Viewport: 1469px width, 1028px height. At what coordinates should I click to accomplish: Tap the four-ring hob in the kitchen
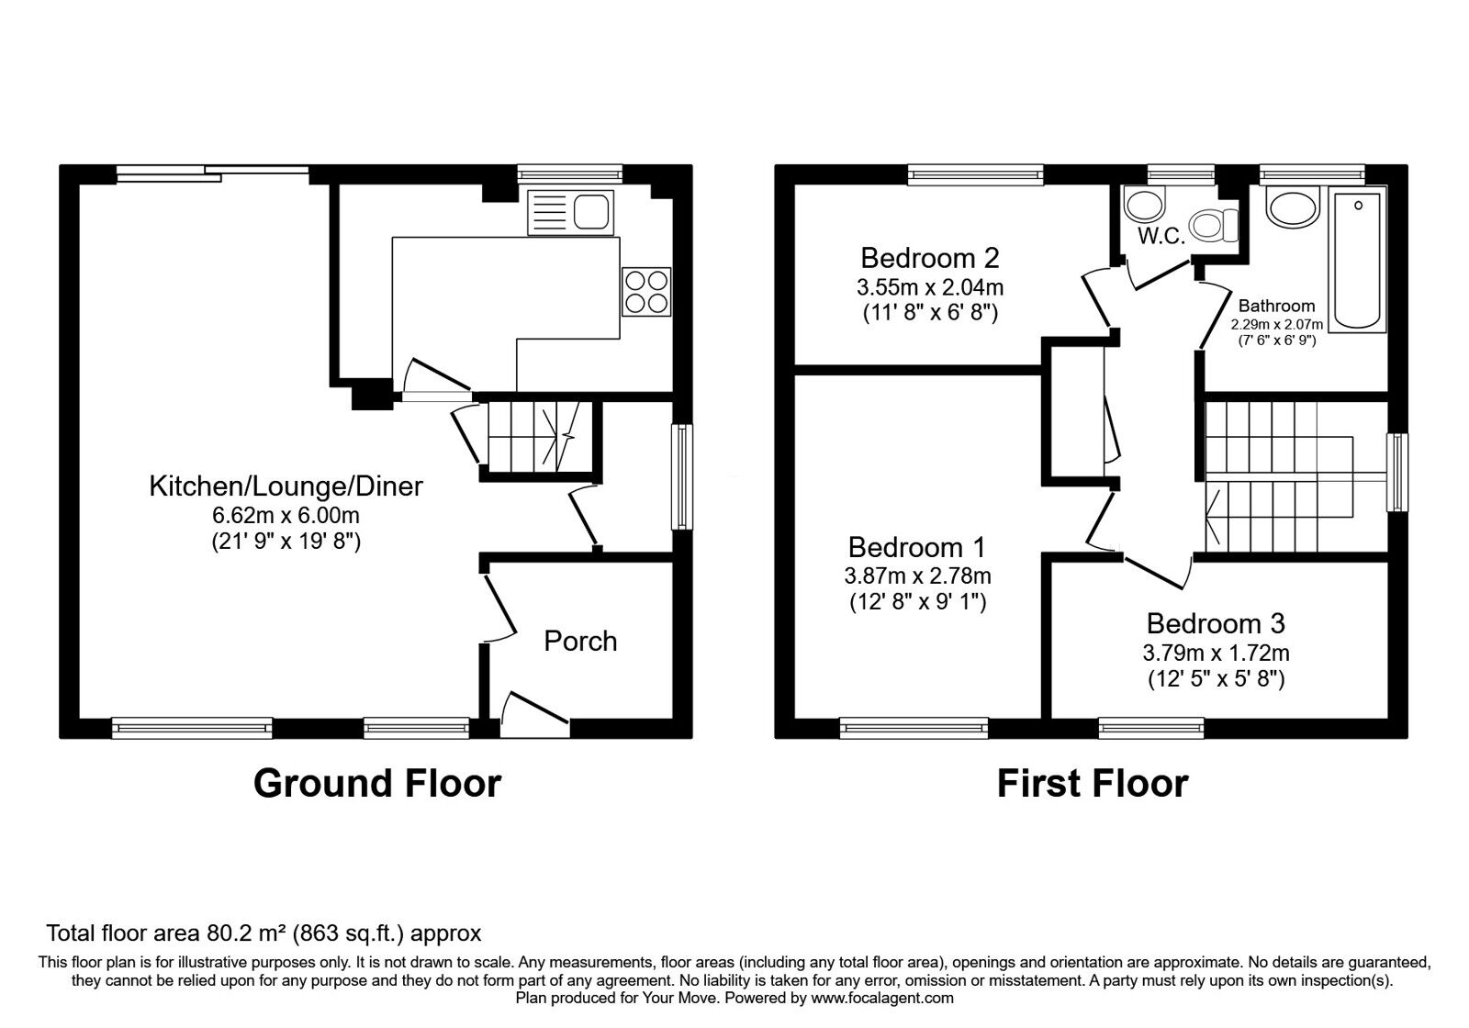(x=646, y=291)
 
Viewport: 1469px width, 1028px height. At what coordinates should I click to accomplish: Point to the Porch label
(x=580, y=641)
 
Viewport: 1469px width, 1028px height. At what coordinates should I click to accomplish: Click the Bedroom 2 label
(x=929, y=257)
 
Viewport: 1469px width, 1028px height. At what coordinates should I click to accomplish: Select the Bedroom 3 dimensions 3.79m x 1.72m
(x=1216, y=654)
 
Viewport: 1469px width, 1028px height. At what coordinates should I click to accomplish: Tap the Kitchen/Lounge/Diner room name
(x=286, y=486)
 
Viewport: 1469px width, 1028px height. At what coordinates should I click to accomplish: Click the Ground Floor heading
(x=376, y=783)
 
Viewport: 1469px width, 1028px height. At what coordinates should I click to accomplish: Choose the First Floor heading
(x=1092, y=783)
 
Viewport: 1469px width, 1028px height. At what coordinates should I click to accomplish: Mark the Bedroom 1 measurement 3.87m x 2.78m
(x=917, y=576)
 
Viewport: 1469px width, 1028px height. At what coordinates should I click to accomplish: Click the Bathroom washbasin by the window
(x=1294, y=207)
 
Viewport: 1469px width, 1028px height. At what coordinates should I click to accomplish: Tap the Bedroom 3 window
(x=1151, y=728)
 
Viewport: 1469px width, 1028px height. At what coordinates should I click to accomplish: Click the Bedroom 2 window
(x=976, y=174)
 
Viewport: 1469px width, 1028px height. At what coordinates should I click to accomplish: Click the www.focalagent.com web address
(x=881, y=998)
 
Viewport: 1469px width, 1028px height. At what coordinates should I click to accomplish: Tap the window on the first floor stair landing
(x=1397, y=472)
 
